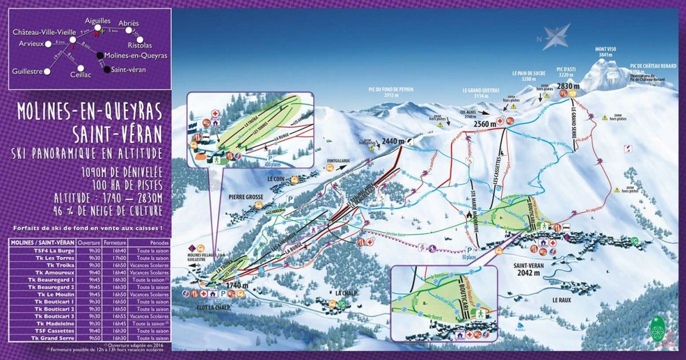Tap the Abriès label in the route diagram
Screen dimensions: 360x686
point(129,23)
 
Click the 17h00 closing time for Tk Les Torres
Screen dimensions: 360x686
point(119,257)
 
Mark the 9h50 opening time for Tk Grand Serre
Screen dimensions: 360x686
point(94,338)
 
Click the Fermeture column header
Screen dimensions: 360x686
point(119,242)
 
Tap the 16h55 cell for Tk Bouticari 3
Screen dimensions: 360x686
point(119,316)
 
